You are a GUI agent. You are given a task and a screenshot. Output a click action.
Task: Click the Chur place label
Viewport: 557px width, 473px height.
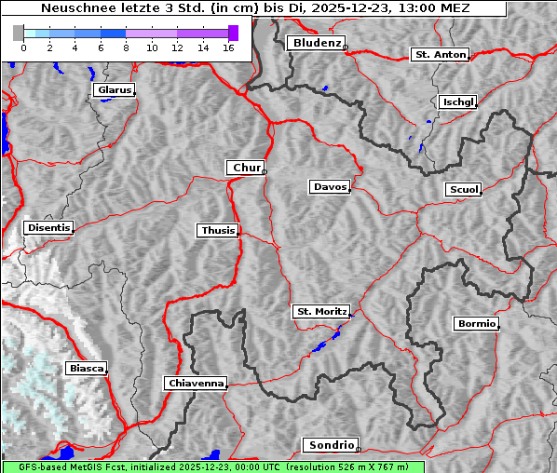pyautogui.click(x=246, y=168)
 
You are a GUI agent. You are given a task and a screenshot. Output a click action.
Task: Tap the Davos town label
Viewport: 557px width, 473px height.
pyautogui.click(x=329, y=187)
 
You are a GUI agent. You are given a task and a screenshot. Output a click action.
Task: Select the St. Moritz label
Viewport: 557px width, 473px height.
pyautogui.click(x=320, y=312)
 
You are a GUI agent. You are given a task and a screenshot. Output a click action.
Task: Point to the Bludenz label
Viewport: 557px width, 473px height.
pyautogui.click(x=315, y=43)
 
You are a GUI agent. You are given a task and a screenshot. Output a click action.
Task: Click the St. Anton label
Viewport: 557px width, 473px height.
pyautogui.click(x=439, y=55)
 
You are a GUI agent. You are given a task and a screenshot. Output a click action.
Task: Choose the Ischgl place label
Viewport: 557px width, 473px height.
pyautogui.click(x=457, y=101)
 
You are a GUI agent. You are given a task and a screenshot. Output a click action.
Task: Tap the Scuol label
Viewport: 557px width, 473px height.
pyautogui.click(x=463, y=190)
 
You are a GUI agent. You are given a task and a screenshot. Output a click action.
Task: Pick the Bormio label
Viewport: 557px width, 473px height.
pyautogui.click(x=476, y=324)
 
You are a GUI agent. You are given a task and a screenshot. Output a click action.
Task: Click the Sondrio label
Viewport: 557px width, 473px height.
pyautogui.click(x=330, y=445)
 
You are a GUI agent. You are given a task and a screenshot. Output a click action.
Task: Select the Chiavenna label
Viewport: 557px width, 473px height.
pyautogui.click(x=195, y=383)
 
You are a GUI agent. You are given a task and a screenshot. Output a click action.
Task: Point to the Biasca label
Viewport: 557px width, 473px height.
pyautogui.click(x=86, y=369)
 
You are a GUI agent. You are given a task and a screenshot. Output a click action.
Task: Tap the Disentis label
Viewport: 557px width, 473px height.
pyautogui.click(x=48, y=227)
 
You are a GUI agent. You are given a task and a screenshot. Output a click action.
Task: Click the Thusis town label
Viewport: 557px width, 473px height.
pyautogui.click(x=217, y=230)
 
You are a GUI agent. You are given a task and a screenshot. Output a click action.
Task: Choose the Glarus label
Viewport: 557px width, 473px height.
pyautogui.click(x=113, y=90)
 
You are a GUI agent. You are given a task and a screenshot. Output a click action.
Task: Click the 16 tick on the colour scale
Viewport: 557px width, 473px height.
pyautogui.click(x=227, y=47)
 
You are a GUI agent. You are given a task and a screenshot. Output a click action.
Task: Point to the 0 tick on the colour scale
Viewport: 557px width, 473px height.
pyautogui.click(x=23, y=47)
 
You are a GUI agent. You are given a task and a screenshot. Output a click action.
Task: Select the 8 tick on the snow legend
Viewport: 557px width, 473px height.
pyautogui.click(x=126, y=47)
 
